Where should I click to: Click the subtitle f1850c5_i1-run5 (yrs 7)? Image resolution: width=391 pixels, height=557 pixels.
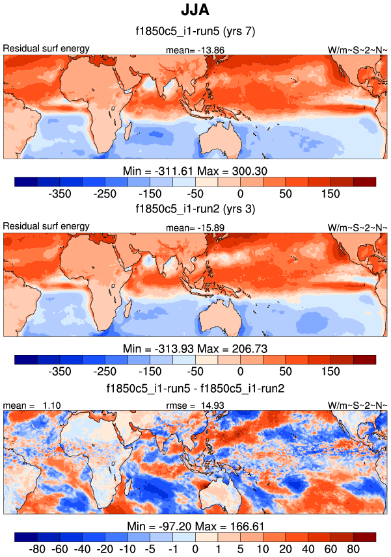tap(195, 32)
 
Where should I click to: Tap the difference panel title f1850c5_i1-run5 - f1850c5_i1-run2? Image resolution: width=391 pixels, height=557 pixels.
tap(195, 388)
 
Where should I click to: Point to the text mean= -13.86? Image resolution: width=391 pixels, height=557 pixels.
tap(195, 49)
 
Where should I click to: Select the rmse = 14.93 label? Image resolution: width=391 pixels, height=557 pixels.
tap(195, 405)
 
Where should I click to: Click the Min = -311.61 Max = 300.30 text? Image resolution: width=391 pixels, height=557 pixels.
tap(195, 171)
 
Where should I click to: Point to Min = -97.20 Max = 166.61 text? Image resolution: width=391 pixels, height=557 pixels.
tap(195, 525)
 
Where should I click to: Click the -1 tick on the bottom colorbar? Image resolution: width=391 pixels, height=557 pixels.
tap(172, 549)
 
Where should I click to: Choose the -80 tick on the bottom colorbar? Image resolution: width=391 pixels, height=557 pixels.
tap(37, 549)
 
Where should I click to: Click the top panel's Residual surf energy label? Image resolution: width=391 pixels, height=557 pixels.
tap(46, 49)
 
